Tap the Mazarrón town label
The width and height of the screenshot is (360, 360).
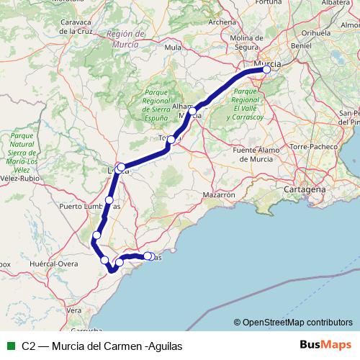(219, 194)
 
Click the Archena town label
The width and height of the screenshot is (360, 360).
(221, 22)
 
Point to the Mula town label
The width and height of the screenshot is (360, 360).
(173, 48)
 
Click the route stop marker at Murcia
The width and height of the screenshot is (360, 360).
(266, 70)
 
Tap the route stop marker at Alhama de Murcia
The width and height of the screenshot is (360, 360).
(192, 112)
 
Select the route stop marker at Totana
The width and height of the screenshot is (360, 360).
(171, 140)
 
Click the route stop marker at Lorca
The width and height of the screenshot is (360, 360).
(121, 167)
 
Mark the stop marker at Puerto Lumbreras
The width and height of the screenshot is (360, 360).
(109, 199)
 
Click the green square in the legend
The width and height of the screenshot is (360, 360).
(10, 346)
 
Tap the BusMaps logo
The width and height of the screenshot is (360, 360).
(325, 346)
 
